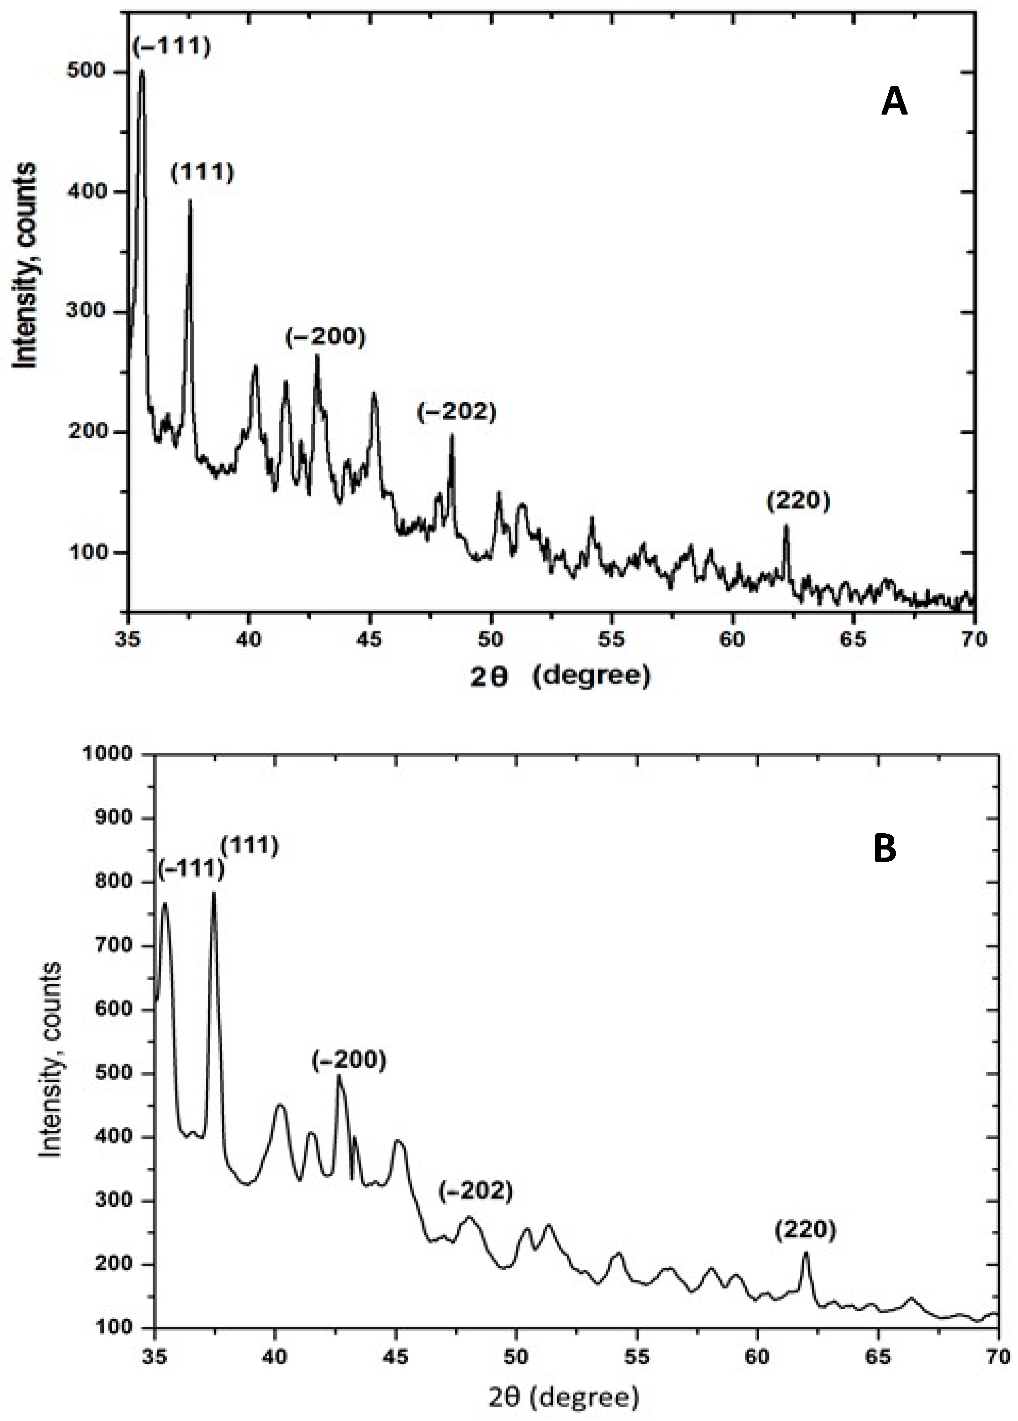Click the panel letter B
pos(885,848)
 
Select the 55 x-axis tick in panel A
pos(611,639)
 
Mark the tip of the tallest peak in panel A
pos(141,71)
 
